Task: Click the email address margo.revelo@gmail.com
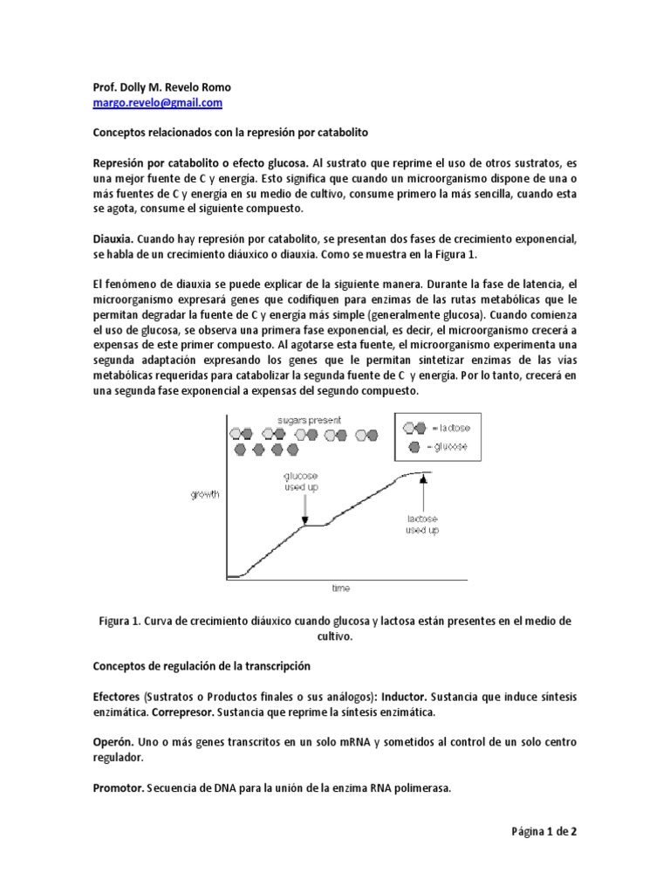pos(157,103)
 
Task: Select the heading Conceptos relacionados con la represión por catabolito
pos(231,134)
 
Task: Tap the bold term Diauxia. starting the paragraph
pos(113,237)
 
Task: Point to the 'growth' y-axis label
pos(206,495)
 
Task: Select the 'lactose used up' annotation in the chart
pos(423,524)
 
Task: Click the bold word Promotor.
pos(120,787)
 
